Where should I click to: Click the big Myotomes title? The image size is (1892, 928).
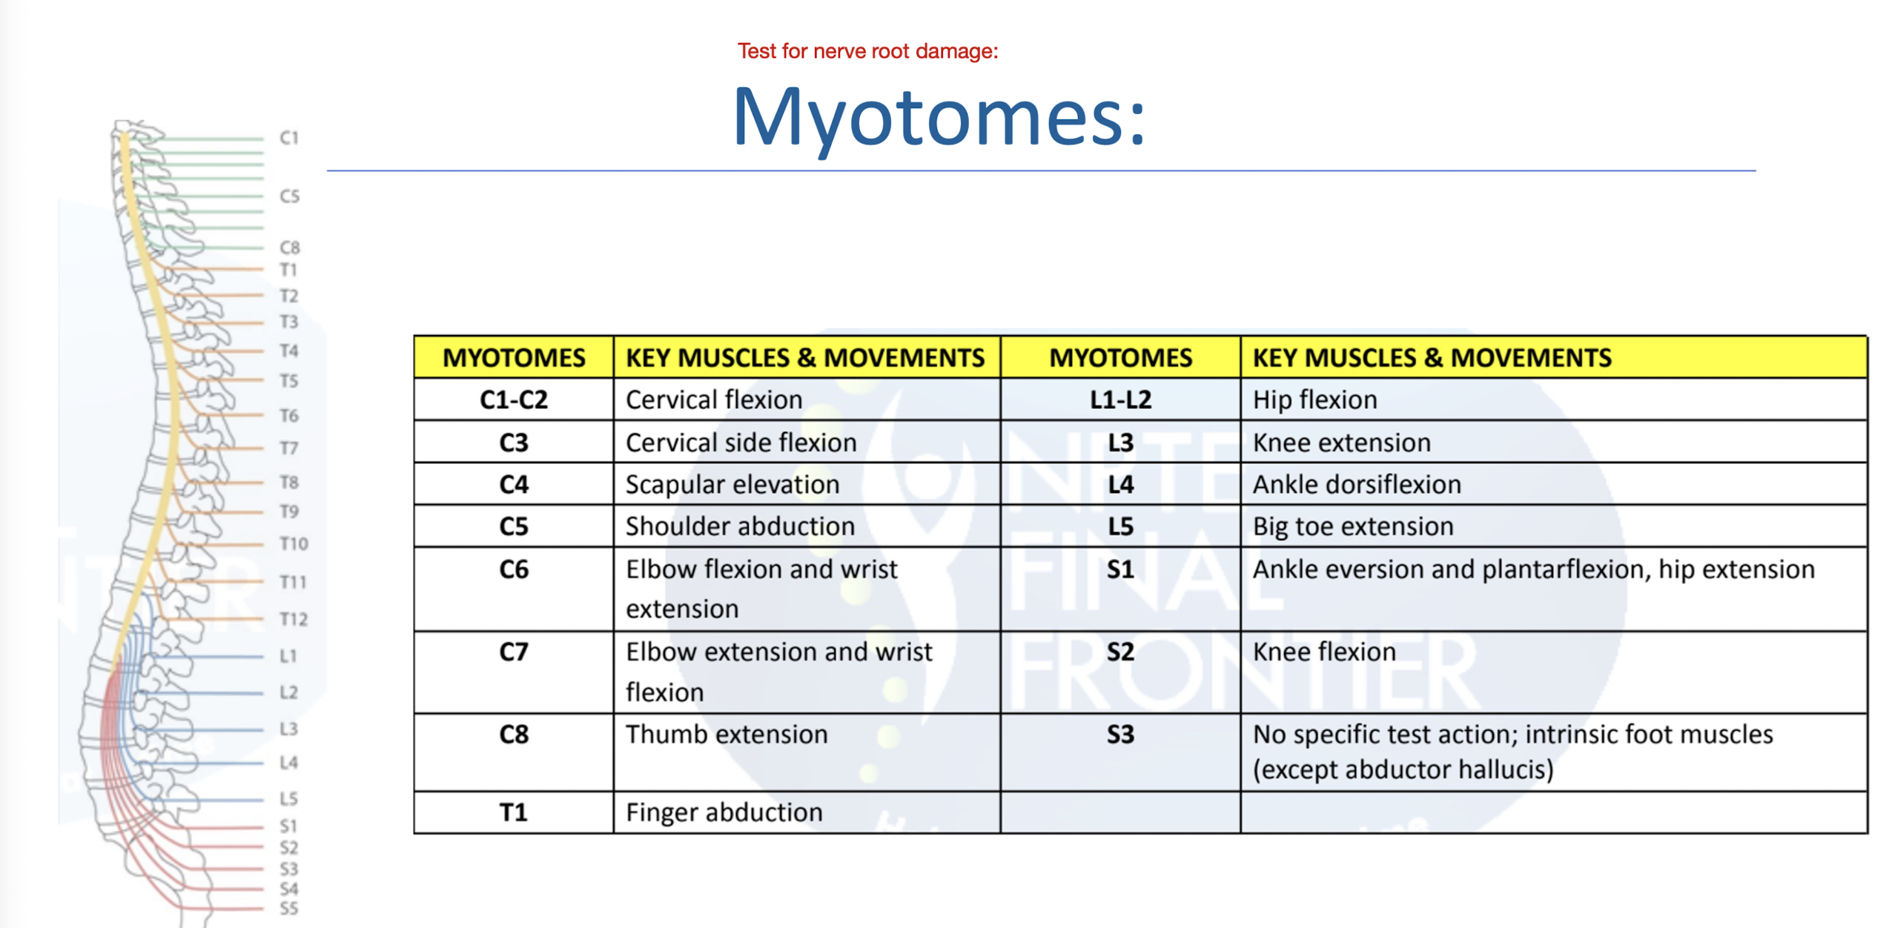pyautogui.click(x=938, y=117)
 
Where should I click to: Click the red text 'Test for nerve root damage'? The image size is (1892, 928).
pyautogui.click(x=867, y=51)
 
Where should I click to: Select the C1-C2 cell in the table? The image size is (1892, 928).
pyautogui.click(x=513, y=400)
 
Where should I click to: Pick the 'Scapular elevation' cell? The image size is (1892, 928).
pyautogui.click(x=732, y=485)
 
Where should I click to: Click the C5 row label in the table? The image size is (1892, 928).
pyautogui.click(x=513, y=527)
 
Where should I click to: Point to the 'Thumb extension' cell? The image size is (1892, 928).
pyautogui.click(x=726, y=735)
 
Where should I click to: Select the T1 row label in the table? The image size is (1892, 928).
pyautogui.click(x=513, y=813)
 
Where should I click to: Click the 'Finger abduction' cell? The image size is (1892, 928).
pyautogui.click(x=724, y=813)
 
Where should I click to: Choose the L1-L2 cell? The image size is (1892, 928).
pyautogui.click(x=1119, y=400)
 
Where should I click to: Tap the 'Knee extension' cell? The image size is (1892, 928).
pyautogui.click(x=1340, y=443)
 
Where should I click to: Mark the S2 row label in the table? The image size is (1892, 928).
pyautogui.click(x=1119, y=652)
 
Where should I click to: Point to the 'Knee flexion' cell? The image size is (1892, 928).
pyautogui.click(x=1323, y=652)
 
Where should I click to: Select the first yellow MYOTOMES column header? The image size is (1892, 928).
pyautogui.click(x=513, y=358)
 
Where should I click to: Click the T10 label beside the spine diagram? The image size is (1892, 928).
pyautogui.click(x=294, y=544)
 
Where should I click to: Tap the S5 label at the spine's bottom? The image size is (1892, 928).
pyautogui.click(x=288, y=909)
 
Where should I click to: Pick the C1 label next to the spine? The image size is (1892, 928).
pyautogui.click(x=288, y=138)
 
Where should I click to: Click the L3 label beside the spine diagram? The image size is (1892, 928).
pyautogui.click(x=288, y=729)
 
